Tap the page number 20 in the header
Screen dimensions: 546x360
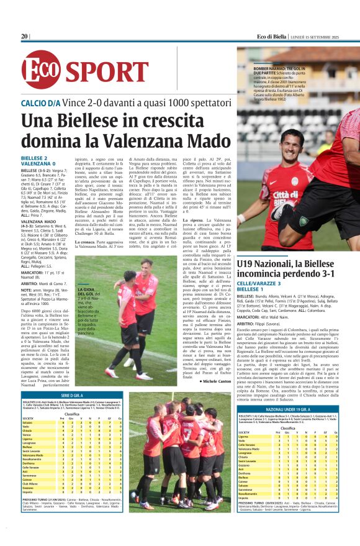click(24, 37)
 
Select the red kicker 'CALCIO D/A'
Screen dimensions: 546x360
click(41, 102)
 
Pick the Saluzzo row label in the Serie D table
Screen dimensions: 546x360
click(28, 422)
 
